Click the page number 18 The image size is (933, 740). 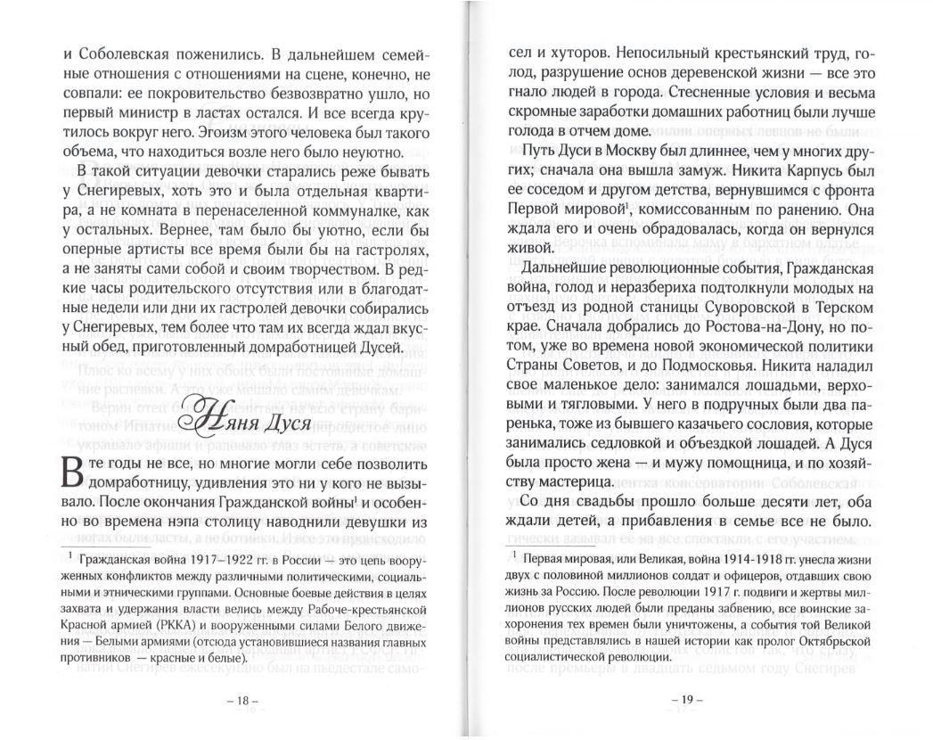point(240,700)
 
